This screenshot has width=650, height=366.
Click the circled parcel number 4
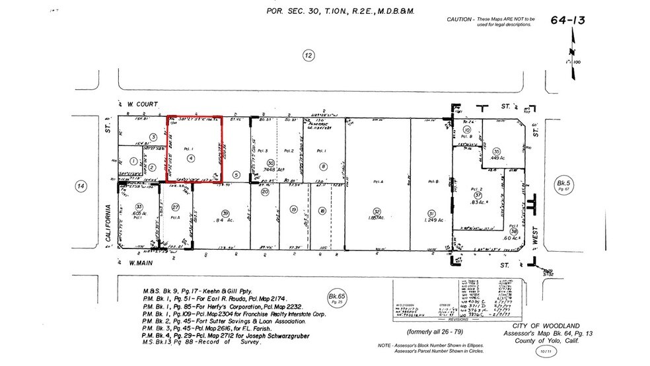(190, 159)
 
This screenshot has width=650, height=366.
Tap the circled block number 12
(308, 55)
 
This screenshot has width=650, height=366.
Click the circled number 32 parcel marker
(377, 212)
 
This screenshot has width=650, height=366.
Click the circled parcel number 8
(323, 168)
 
